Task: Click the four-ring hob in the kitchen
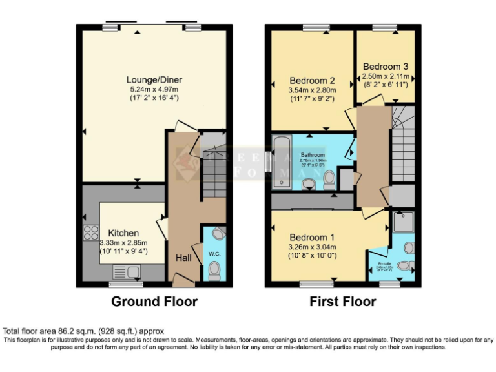pos(90,232)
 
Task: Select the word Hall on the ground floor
pos(184,258)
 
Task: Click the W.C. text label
pos(214,254)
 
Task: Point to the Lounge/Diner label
pos(154,79)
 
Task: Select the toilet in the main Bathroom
pos(329,177)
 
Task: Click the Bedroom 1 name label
pos(312,236)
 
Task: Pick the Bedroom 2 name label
pos(311,81)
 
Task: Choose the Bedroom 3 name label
pos(386,66)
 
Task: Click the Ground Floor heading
pos(154,302)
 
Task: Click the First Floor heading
pos(342,302)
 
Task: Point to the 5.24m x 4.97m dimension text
pos(154,89)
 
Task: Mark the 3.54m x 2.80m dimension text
pos(311,91)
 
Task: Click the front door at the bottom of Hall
pos(183,280)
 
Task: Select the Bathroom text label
pos(313,155)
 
